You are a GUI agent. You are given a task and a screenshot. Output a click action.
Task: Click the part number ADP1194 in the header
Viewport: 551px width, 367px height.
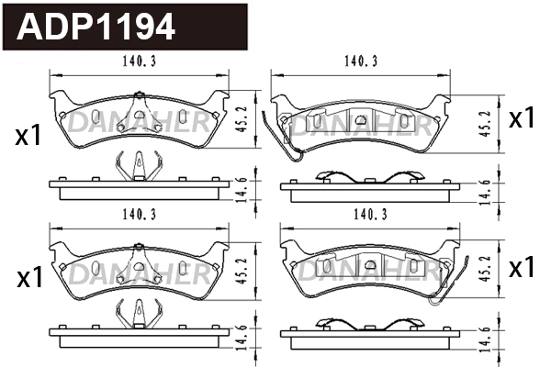coord(96,27)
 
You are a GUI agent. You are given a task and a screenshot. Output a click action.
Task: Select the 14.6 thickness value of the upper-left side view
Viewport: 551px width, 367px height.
coord(240,187)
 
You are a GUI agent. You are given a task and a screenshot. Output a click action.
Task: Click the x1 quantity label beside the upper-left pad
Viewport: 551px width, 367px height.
coord(28,137)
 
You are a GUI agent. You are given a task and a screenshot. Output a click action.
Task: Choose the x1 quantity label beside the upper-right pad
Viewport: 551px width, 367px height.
coord(522,117)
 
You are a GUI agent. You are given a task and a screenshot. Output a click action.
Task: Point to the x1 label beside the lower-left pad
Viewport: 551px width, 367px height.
coord(28,278)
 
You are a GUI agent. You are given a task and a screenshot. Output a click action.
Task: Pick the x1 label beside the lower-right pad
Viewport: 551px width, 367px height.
coord(522,268)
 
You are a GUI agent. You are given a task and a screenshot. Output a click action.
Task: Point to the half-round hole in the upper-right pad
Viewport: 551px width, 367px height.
coord(362,119)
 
